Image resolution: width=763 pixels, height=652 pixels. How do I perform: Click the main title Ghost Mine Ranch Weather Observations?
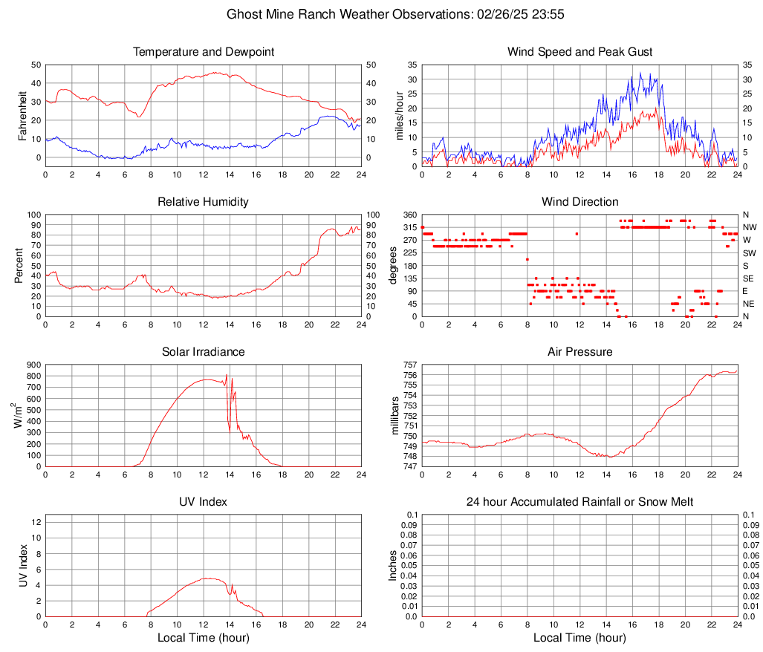click(380, 14)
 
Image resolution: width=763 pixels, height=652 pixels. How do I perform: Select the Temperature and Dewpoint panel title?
click(204, 52)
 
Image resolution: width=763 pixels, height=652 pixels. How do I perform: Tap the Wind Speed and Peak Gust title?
click(579, 52)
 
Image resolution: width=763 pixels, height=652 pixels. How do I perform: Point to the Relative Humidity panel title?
click(204, 202)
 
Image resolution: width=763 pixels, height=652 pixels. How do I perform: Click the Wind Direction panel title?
click(579, 202)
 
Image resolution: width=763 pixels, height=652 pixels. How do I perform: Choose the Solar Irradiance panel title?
click(204, 352)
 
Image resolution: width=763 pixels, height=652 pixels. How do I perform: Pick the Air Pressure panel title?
click(579, 352)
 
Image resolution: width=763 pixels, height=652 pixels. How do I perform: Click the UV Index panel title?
click(204, 502)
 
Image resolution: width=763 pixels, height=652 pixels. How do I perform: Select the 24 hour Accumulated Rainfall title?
click(579, 502)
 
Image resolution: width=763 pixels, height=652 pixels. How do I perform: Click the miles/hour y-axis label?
click(400, 115)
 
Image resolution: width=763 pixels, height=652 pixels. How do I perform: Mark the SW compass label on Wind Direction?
click(750, 252)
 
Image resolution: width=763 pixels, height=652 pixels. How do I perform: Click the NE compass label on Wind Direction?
click(750, 304)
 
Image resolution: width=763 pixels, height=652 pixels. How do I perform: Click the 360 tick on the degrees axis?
click(409, 215)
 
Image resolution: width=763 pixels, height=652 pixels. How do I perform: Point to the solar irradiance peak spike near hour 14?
click(227, 376)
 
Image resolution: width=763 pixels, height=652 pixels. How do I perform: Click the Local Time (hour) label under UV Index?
click(204, 638)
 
